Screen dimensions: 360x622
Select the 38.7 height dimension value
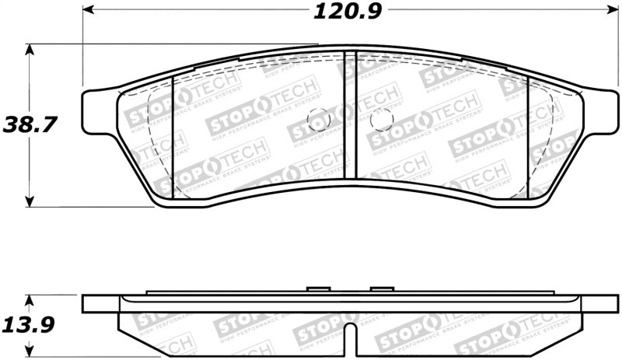pyautogui.click(x=31, y=124)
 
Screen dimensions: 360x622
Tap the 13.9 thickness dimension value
pyautogui.click(x=31, y=323)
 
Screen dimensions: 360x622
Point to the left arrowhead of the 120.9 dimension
pyautogui.click(x=88, y=11)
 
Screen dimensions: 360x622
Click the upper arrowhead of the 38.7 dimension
pyautogui.click(x=30, y=49)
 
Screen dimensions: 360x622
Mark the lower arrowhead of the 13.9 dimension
pyautogui.click(x=30, y=348)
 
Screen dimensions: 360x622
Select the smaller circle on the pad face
pyautogui.click(x=319, y=119)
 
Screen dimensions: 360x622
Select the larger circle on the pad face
pyautogui.click(x=381, y=119)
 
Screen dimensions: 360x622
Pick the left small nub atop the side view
pyautogui.click(x=319, y=290)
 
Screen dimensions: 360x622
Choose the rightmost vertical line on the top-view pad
pyautogui.click(x=529, y=136)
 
